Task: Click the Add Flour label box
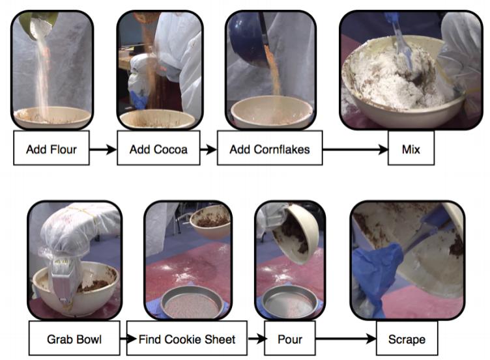pyautogui.click(x=51, y=148)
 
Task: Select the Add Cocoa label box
pyautogui.click(x=158, y=148)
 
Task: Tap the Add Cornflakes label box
pyautogui.click(x=270, y=148)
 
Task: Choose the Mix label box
pyautogui.click(x=411, y=148)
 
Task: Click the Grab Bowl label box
pyautogui.click(x=74, y=338)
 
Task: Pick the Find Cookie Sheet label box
pyautogui.click(x=187, y=338)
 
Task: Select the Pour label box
pyautogui.click(x=290, y=338)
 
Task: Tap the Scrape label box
pyautogui.click(x=407, y=338)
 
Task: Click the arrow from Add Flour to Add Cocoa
pyautogui.click(x=103, y=150)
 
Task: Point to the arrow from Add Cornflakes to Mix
pyautogui.click(x=355, y=150)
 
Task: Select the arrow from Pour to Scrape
pyautogui.click(x=345, y=339)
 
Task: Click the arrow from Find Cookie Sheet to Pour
pyautogui.click(x=256, y=339)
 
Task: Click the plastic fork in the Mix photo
pyautogui.click(x=401, y=44)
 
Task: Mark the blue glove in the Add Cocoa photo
pyautogui.click(x=138, y=100)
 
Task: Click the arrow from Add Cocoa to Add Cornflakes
pyautogui.click(x=209, y=150)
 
